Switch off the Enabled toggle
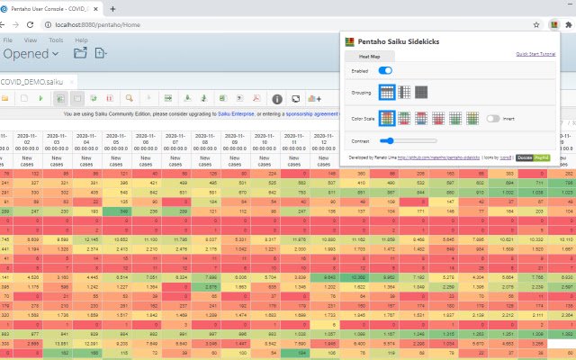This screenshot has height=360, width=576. (x=385, y=70)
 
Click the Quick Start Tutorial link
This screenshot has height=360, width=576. (x=535, y=54)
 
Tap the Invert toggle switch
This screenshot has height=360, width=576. (x=493, y=118)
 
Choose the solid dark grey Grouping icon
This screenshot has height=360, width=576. (x=421, y=92)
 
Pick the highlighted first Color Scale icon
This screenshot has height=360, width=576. (x=387, y=118)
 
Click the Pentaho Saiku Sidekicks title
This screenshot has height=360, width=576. (x=397, y=40)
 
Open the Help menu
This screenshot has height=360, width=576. (x=81, y=40)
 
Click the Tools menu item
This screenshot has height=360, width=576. (x=56, y=40)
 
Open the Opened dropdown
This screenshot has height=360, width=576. (x=31, y=55)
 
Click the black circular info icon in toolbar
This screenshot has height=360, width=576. (x=277, y=98)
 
